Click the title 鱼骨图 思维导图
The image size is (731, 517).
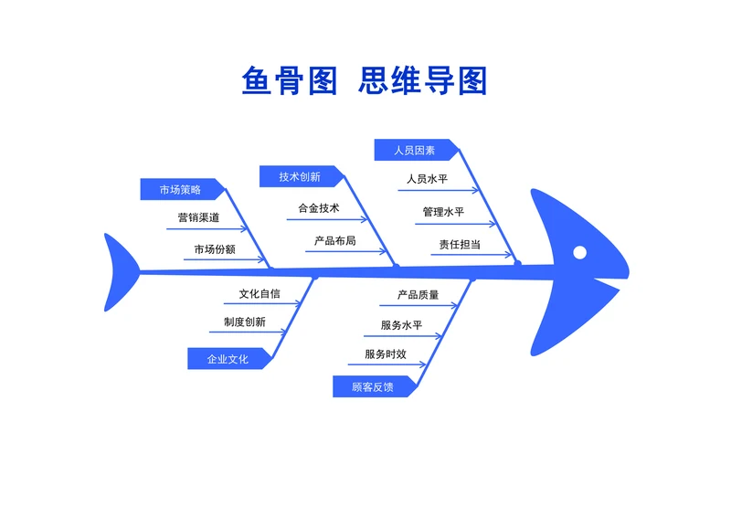pyautogui.click(x=365, y=80)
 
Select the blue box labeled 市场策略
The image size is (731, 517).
pyautogui.click(x=181, y=189)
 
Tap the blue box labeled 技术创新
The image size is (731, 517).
pyautogui.click(x=300, y=176)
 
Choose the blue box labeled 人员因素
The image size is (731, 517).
pyautogui.click(x=415, y=150)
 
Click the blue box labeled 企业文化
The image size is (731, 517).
pyautogui.click(x=228, y=359)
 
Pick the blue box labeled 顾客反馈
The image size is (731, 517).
pyautogui.click(x=373, y=386)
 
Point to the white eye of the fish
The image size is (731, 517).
pyautogui.click(x=580, y=252)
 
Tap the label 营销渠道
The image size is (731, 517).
pyautogui.click(x=198, y=218)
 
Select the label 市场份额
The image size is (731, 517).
pyautogui.click(x=215, y=248)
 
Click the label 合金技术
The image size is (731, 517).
pyautogui.click(x=319, y=208)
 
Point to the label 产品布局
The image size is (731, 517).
pyautogui.click(x=335, y=241)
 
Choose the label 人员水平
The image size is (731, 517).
pyautogui.click(x=427, y=179)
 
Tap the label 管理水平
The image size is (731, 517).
pyautogui.click(x=443, y=212)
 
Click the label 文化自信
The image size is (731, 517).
pyautogui.click(x=260, y=294)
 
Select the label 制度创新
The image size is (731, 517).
pyautogui.click(x=245, y=322)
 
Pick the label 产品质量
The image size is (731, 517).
pyautogui.click(x=418, y=295)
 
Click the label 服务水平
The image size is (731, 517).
pyautogui.click(x=401, y=325)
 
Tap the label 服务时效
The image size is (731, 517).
pyautogui.click(x=385, y=354)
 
